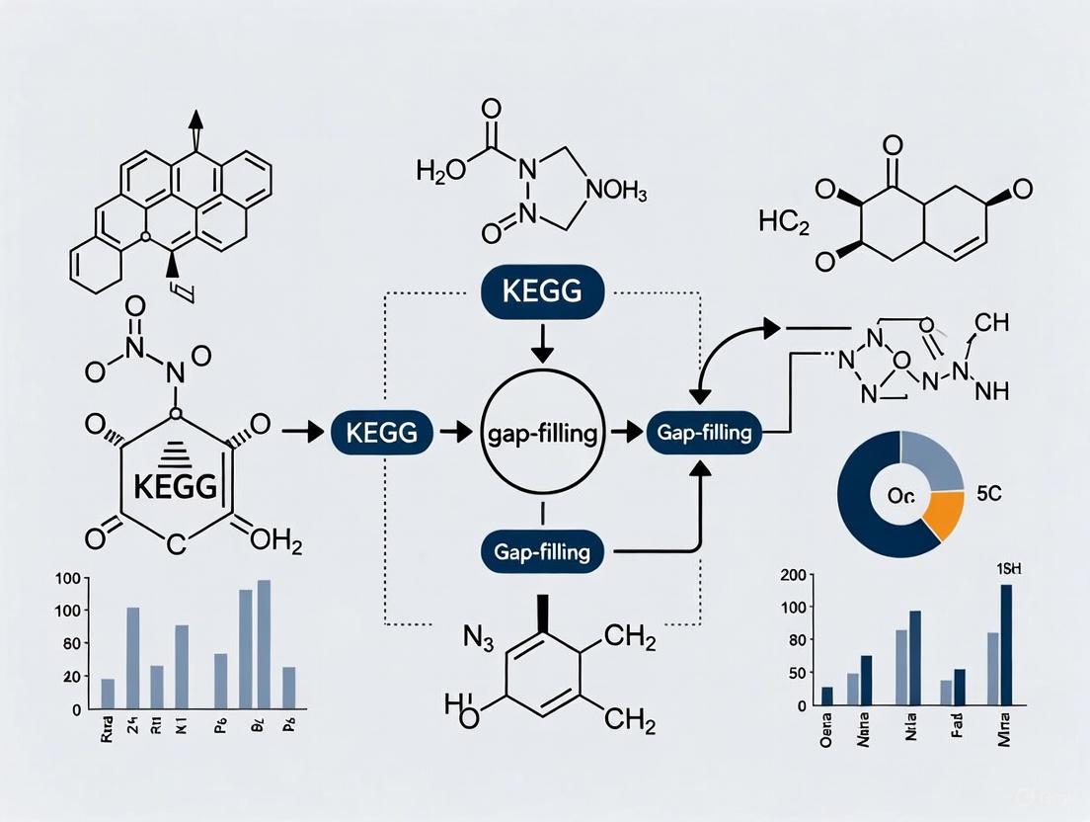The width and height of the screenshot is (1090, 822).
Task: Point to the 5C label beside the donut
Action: (987, 495)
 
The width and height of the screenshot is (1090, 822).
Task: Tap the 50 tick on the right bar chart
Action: (793, 673)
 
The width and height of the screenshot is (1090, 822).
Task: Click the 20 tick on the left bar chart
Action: (71, 677)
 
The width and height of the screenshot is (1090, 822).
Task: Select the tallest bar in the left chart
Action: (264, 644)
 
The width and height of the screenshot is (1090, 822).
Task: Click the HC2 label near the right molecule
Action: (785, 220)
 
